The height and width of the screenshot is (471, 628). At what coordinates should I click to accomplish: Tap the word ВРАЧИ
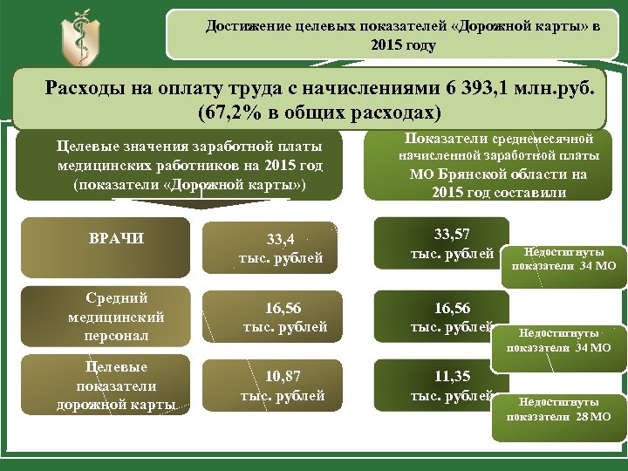tap(117, 237)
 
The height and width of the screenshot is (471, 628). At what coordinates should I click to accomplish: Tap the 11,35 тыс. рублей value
tap(452, 386)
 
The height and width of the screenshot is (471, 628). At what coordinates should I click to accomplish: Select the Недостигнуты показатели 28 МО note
tap(559, 409)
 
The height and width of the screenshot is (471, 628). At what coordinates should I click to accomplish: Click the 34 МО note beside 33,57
tap(563, 258)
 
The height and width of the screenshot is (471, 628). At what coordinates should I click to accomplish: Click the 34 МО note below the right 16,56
tap(559, 340)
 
